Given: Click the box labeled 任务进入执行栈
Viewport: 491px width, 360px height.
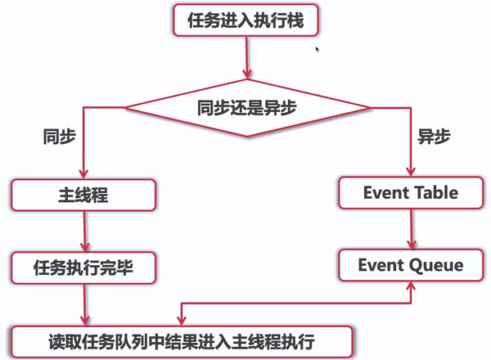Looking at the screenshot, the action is (x=245, y=20).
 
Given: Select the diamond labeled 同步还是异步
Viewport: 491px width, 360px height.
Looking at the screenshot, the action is (x=247, y=108).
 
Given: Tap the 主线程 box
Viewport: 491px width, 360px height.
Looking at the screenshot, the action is (x=83, y=195).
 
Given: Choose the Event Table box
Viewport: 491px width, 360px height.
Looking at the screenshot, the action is (x=411, y=192).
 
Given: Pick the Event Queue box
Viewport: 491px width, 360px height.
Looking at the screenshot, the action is (x=411, y=265).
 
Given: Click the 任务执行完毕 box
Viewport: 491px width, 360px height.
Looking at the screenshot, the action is (x=83, y=268).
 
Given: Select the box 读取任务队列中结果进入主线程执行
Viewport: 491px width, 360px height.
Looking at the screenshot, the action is (x=182, y=341).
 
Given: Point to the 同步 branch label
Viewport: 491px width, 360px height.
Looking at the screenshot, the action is (x=60, y=137).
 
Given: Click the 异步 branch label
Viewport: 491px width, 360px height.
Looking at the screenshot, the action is (x=434, y=137).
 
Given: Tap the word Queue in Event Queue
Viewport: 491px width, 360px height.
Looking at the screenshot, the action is (x=436, y=265).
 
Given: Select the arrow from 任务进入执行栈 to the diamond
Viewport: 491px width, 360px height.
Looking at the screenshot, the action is (x=247, y=57).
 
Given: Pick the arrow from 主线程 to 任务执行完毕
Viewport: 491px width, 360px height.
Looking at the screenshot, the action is (x=84, y=232).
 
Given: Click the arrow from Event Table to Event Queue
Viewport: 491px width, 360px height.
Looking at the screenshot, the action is (x=411, y=229).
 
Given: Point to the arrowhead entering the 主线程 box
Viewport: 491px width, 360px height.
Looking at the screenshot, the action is (x=83, y=173).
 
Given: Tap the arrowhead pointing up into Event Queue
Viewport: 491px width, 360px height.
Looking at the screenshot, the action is (x=411, y=286).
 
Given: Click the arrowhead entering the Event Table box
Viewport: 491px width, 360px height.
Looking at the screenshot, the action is (x=411, y=172).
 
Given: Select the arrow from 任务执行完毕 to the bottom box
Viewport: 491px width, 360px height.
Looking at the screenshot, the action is (x=84, y=305).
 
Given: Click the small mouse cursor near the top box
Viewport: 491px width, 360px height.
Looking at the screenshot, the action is (x=318, y=49).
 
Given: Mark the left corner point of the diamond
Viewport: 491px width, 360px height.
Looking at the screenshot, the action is (x=124, y=108).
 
